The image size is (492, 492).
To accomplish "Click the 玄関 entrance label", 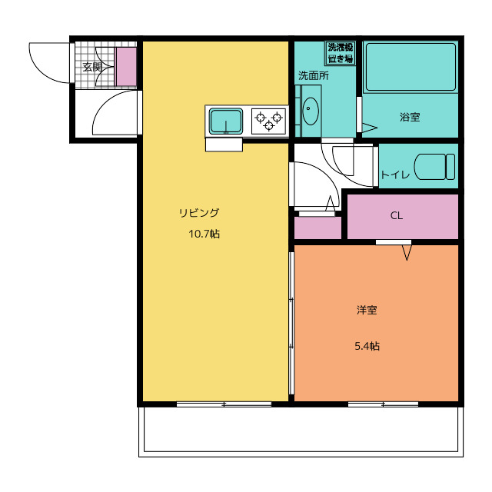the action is (x=92, y=67).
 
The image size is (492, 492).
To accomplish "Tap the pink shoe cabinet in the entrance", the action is (x=126, y=67).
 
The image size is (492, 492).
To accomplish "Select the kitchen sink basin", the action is (x=226, y=121).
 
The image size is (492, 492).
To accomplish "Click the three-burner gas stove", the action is (x=268, y=121).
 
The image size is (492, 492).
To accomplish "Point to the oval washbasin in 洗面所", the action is (x=311, y=111).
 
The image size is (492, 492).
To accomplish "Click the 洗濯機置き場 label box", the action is (x=340, y=53).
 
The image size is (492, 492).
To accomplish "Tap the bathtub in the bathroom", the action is (x=411, y=67).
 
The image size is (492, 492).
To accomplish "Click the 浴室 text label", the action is (x=410, y=117).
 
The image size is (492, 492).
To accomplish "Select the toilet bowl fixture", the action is (x=434, y=167).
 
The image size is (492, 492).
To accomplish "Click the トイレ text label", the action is (x=395, y=175).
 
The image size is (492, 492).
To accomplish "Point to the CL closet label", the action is (x=397, y=215).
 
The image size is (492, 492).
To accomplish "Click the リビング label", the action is (x=199, y=213).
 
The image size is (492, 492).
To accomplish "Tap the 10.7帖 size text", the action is (x=204, y=234).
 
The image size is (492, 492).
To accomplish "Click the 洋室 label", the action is (x=367, y=310).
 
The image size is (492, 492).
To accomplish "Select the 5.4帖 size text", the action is (x=367, y=346).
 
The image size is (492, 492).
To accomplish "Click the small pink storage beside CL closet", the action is (x=317, y=228).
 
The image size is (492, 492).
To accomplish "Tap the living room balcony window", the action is (x=224, y=404).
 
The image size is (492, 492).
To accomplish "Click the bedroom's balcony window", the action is (x=383, y=404).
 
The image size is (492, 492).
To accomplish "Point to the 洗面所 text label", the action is (x=313, y=75).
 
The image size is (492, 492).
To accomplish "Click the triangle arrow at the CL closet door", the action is (x=407, y=253).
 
